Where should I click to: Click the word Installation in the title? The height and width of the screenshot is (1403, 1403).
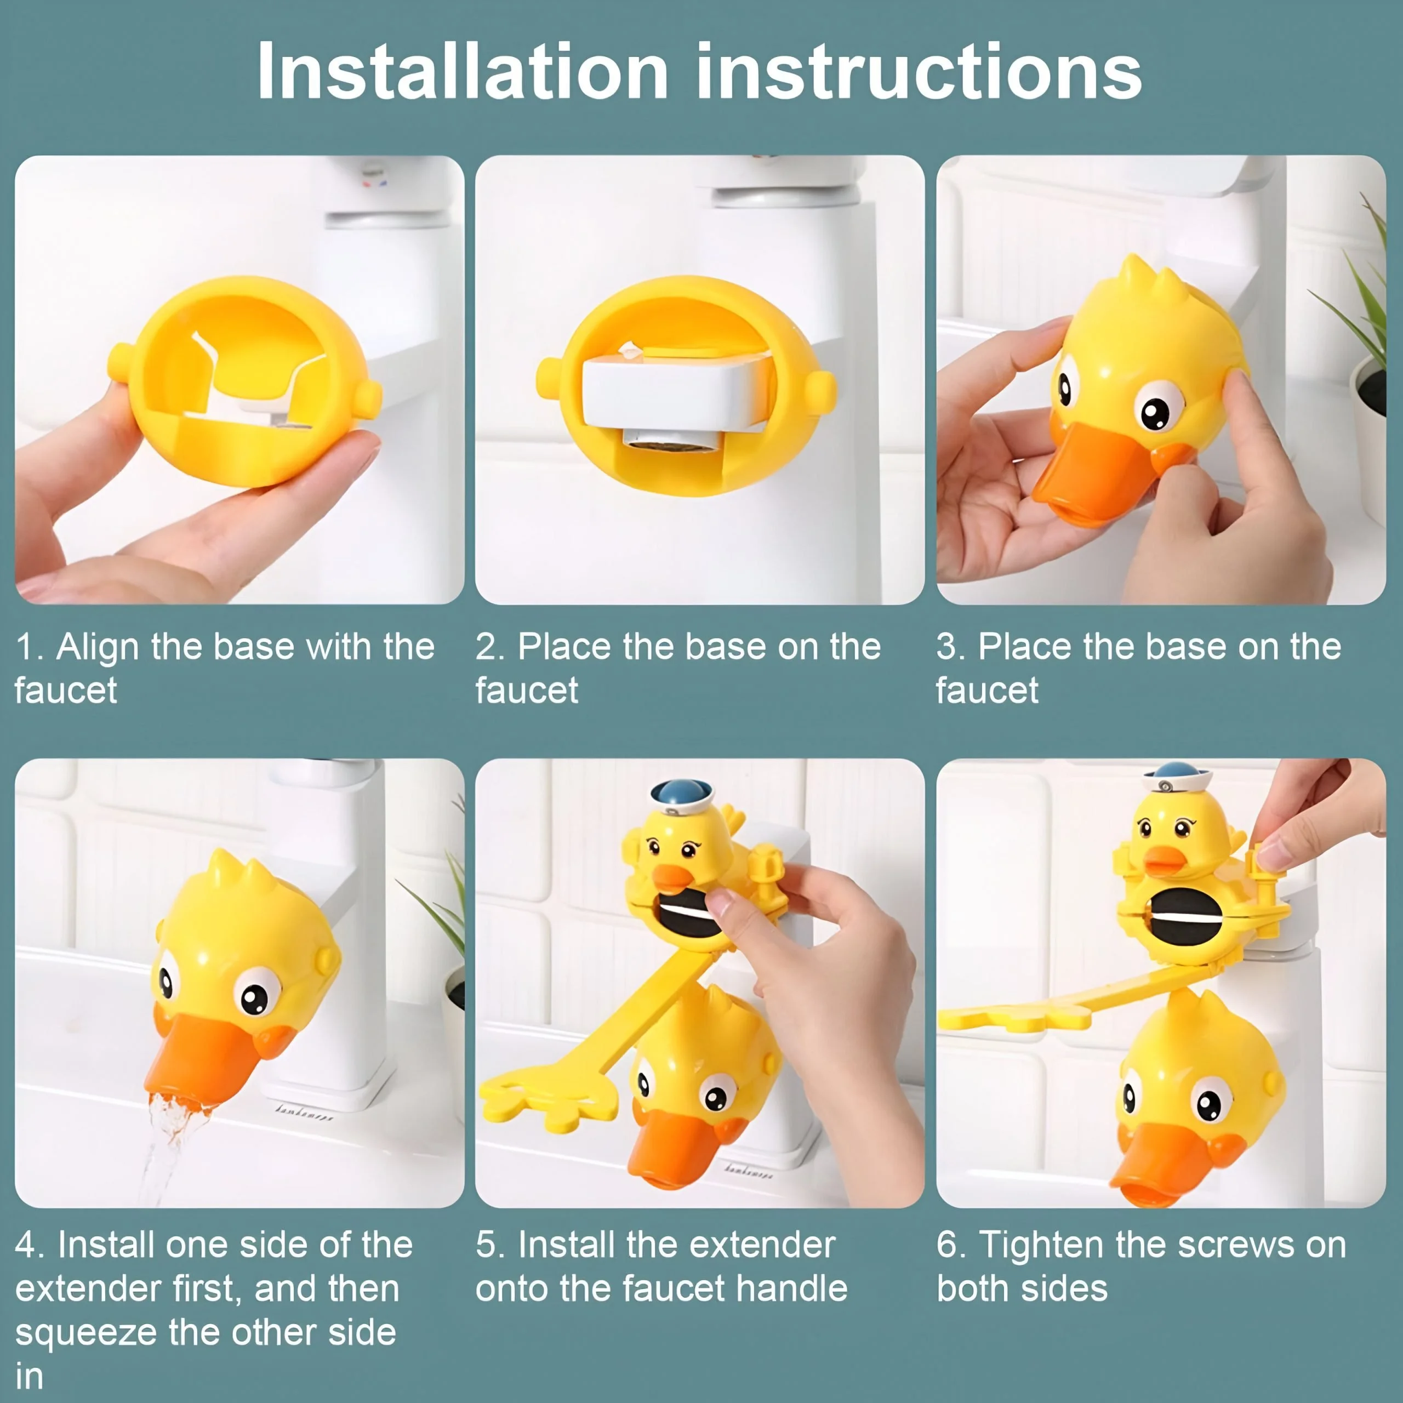(463, 71)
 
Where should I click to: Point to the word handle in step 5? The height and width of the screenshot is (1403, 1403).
(791, 1288)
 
